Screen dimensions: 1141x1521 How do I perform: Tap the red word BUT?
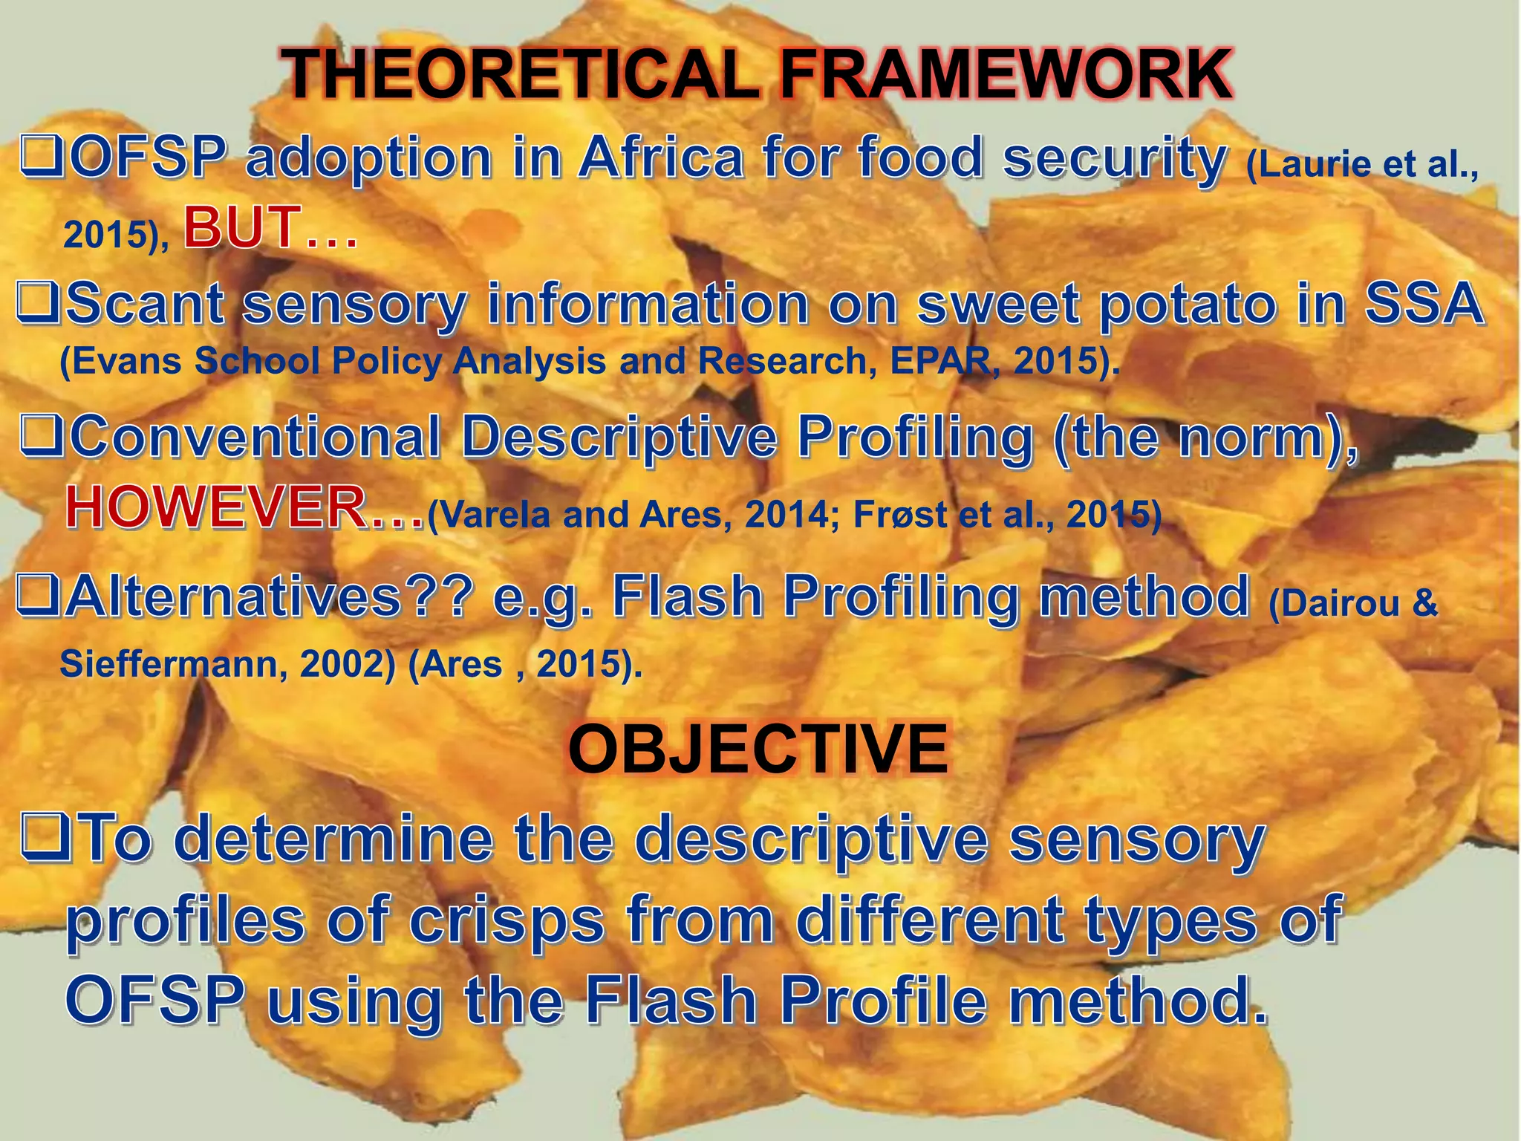click(242, 227)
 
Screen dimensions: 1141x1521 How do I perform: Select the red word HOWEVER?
click(215, 509)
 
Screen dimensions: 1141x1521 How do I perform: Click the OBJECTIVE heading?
click(758, 749)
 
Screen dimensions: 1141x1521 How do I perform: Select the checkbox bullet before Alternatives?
click(36, 596)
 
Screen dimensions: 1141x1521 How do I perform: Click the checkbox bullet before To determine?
click(44, 837)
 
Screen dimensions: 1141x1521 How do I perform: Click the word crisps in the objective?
click(507, 920)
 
